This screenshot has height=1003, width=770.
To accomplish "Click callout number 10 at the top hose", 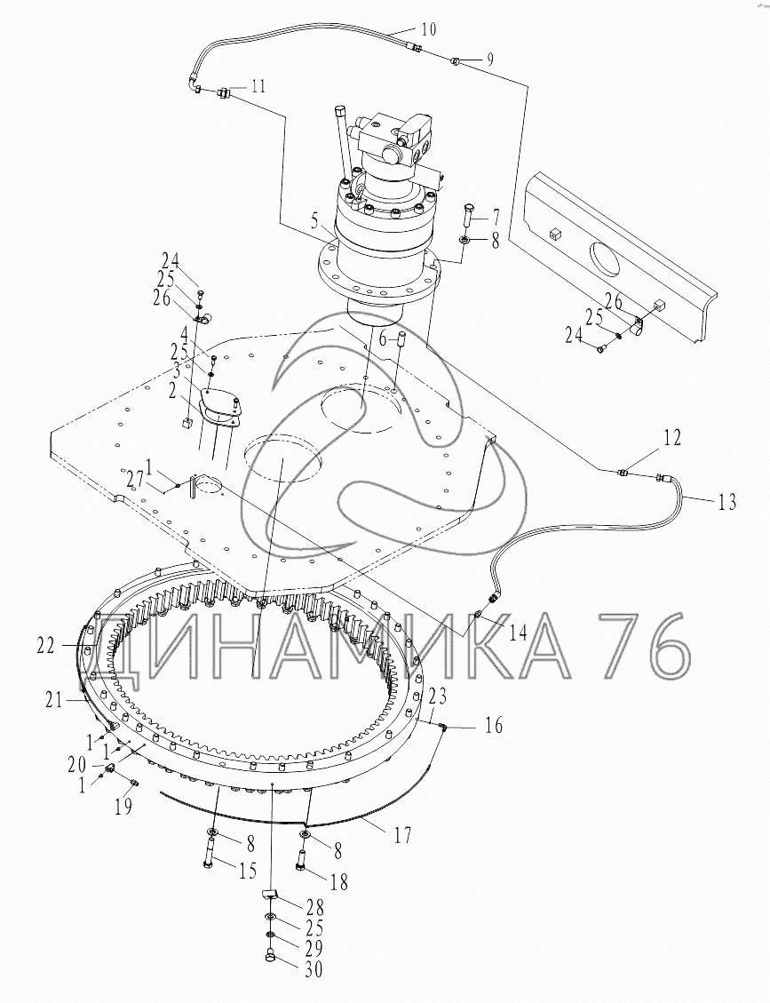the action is (428, 29).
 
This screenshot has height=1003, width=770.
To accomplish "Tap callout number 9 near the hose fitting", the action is (489, 60).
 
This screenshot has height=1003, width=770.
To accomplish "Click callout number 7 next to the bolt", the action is (496, 215).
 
